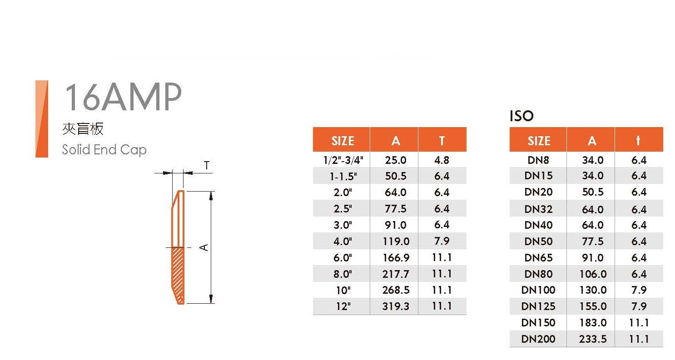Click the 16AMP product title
(124, 97)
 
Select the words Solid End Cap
(104, 150)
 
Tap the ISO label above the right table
(521, 116)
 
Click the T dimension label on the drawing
(207, 165)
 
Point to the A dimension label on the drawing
(204, 247)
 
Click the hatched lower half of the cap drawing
(178, 276)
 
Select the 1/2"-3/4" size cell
(343, 160)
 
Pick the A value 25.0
(396, 160)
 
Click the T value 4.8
(442, 160)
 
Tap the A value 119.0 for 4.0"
(396, 242)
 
